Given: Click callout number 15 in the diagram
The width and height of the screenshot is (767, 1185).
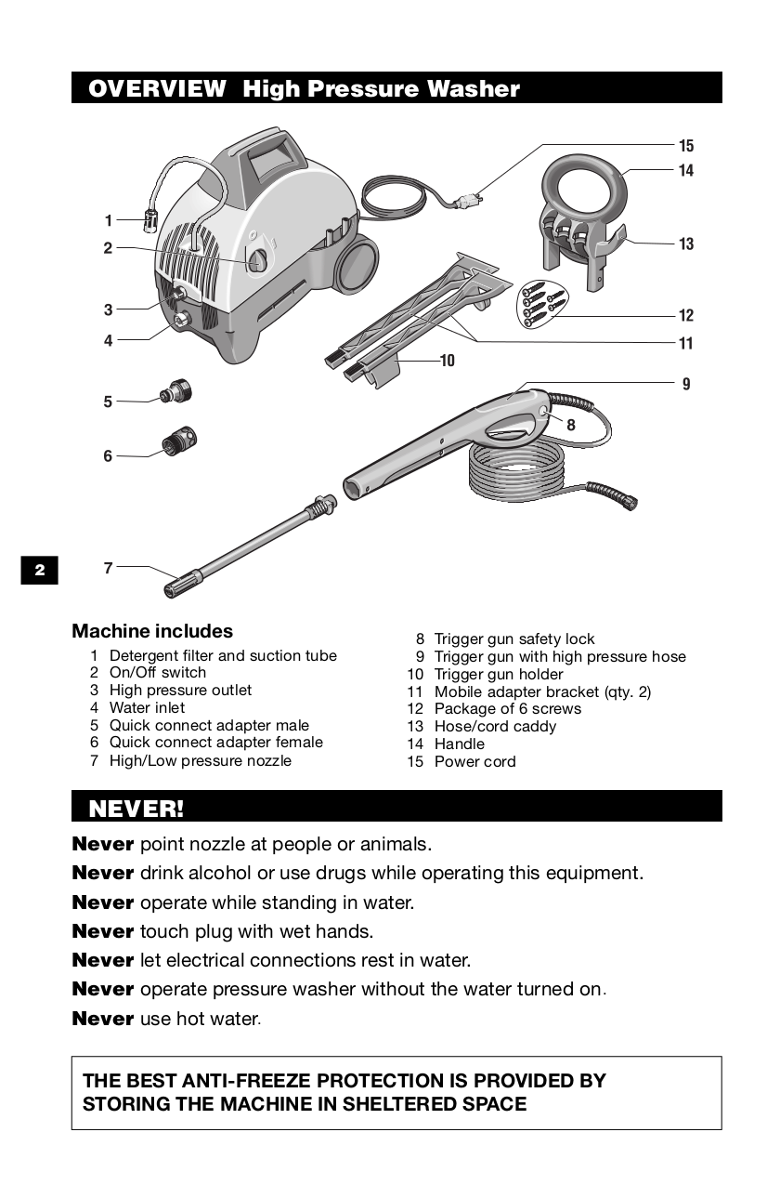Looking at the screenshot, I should coord(685,146).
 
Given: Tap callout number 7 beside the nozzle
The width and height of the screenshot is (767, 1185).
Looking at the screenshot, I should coord(109,567).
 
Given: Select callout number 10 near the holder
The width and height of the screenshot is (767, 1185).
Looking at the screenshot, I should coord(448,360).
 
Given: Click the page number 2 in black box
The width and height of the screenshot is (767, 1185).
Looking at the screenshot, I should coord(40,570).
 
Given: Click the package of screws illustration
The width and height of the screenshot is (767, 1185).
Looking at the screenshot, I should coord(541,302).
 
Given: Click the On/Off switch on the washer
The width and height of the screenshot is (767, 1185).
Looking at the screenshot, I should coord(257,259).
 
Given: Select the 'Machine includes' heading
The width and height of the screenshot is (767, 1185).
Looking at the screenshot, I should coord(152,631).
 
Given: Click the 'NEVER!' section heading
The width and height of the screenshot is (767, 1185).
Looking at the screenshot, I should coord(136,808).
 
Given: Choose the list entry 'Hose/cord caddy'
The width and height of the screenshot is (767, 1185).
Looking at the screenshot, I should coord(495,726).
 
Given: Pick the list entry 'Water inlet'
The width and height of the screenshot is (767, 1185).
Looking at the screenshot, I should coord(147,707).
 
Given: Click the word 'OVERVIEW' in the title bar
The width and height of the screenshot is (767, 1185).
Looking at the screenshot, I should coord(157,89).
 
